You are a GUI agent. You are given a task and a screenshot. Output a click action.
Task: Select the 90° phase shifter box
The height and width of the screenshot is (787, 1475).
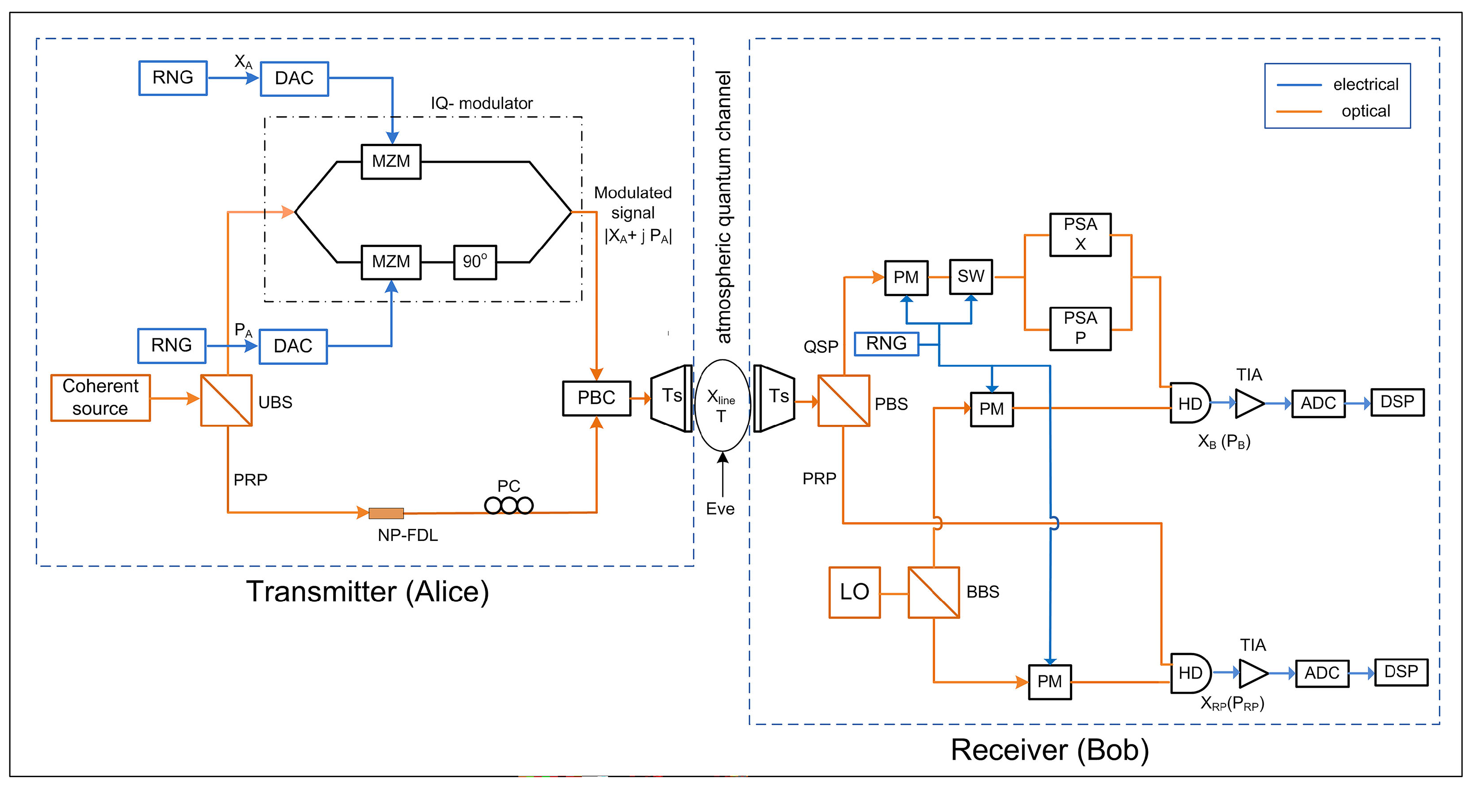474,262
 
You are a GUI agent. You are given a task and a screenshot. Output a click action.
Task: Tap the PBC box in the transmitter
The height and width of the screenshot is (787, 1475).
596,398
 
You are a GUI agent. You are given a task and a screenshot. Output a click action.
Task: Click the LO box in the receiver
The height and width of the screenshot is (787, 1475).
854,592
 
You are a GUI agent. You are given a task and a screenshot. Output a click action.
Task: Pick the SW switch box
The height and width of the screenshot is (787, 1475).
970,277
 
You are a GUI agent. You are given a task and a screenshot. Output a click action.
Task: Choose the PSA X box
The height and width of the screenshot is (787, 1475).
1080,235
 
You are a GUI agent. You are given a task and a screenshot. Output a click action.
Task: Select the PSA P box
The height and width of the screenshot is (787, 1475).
1080,329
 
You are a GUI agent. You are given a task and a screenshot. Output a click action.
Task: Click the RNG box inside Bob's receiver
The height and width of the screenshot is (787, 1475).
886,344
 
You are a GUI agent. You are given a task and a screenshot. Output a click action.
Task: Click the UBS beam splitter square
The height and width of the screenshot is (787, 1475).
226,400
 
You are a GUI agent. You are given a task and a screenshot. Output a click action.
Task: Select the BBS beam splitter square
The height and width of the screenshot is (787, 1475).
933,592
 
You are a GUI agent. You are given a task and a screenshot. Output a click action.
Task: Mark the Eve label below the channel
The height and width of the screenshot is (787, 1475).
720,509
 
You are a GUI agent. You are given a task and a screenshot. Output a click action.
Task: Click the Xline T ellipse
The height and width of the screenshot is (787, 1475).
722,405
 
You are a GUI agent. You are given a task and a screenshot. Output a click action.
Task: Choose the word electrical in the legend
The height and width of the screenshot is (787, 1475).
1365,85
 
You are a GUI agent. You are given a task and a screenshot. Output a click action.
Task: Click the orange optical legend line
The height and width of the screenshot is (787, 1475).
1299,112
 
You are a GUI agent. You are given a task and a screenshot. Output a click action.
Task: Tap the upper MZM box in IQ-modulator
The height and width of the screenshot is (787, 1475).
391,161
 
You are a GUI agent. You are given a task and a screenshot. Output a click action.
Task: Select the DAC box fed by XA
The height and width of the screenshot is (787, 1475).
294,78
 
